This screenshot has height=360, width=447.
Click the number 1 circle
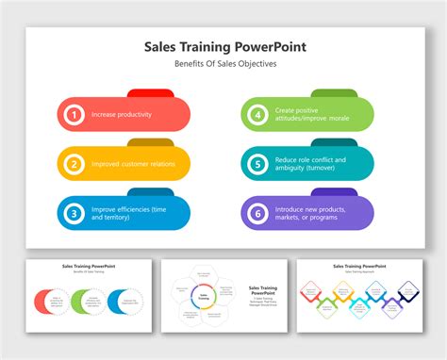pyautogui.click(x=73, y=115)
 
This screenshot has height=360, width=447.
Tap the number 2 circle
pyautogui.click(x=73, y=164)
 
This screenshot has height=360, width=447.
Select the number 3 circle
pyautogui.click(x=73, y=213)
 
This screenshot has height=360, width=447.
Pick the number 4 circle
pyautogui.click(x=257, y=115)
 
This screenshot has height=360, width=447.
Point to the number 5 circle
pyautogui.click(x=257, y=164)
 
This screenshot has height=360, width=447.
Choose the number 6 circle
pyautogui.click(x=257, y=213)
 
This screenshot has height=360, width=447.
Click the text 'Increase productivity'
pyautogui.click(x=123, y=115)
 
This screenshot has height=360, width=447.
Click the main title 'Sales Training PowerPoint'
pyautogui.click(x=224, y=46)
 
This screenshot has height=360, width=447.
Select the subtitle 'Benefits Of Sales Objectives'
pyautogui.click(x=224, y=64)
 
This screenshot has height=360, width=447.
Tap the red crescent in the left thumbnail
pyautogui.click(x=43, y=303)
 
